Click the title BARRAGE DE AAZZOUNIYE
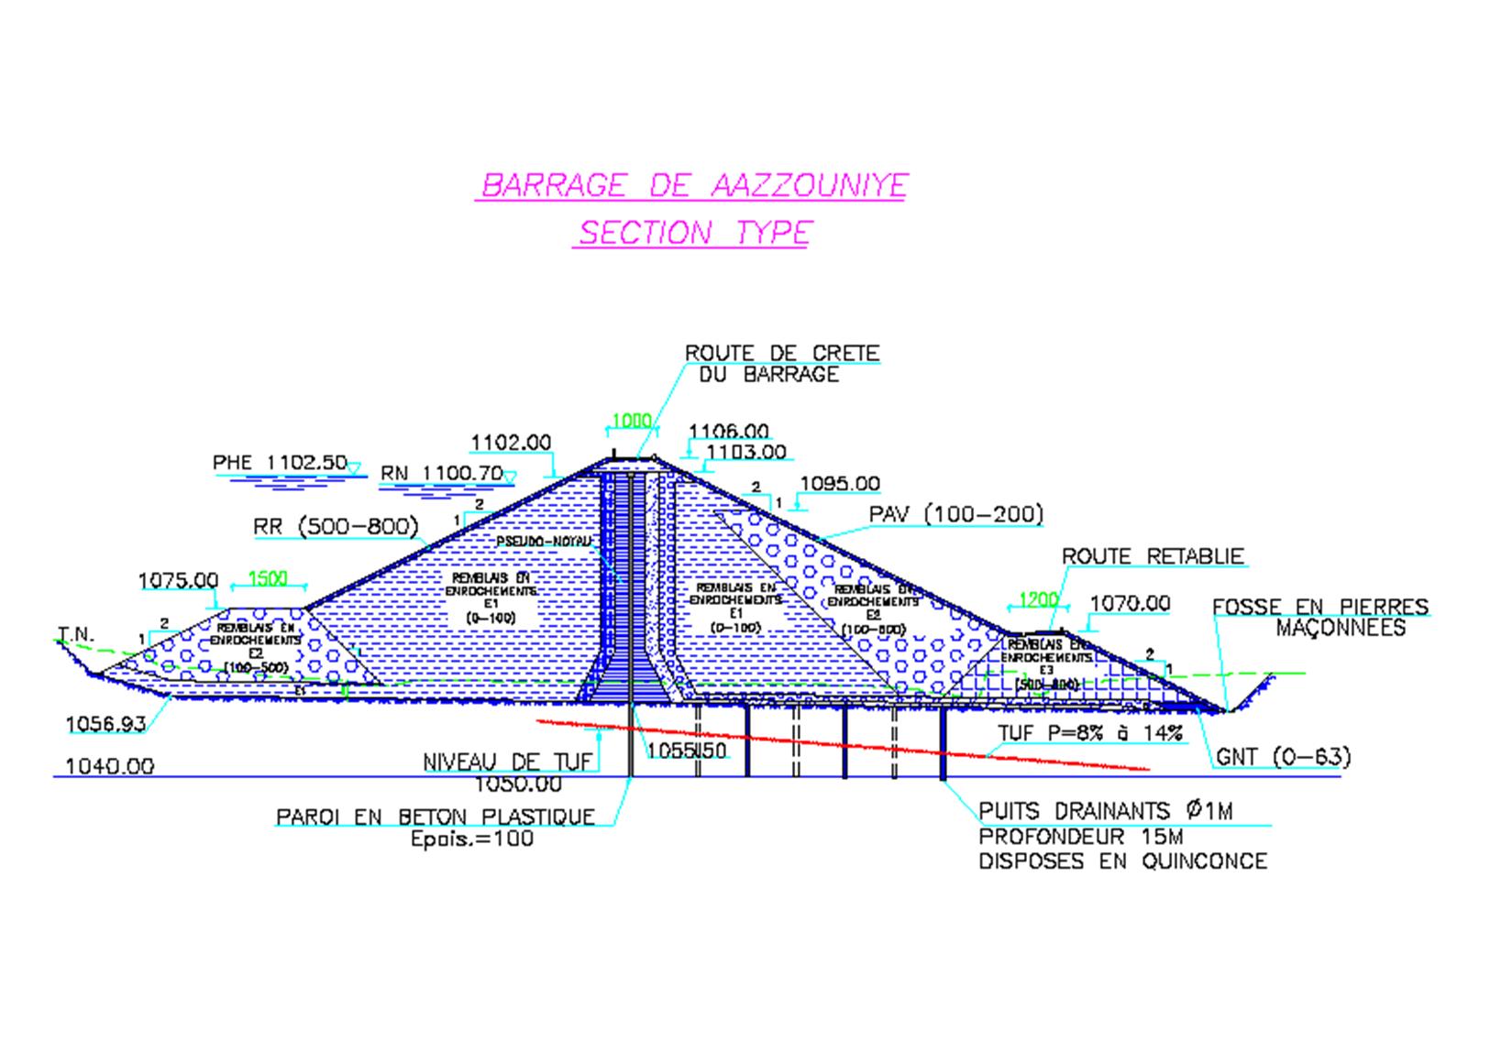(693, 185)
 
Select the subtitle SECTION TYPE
(693, 233)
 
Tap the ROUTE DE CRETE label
(781, 353)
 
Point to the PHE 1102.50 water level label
(280, 463)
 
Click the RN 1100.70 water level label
(442, 474)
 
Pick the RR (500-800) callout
(336, 527)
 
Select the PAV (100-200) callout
(956, 515)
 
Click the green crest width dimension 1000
(631, 421)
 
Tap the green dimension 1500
(268, 578)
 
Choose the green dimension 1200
(1038, 600)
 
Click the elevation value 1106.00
(729, 431)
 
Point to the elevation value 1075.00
(178, 580)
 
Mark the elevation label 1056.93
(105, 724)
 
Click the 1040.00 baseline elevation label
(110, 766)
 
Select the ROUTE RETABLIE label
(1153, 556)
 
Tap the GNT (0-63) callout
(1283, 757)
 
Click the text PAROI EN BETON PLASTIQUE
(436, 817)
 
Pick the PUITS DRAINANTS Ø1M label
(1106, 811)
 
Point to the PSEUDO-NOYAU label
(543, 542)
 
